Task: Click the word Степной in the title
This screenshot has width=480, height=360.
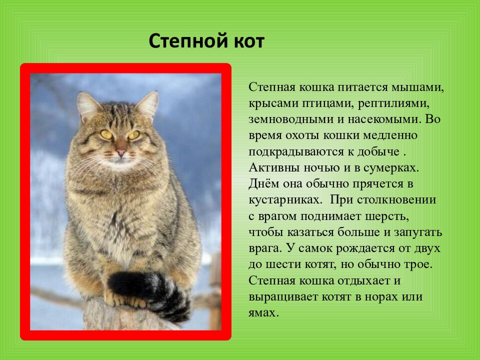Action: coord(189,41)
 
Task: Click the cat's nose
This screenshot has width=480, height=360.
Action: coord(120,152)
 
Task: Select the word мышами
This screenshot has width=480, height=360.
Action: coord(418,88)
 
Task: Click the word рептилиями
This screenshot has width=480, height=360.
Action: coord(393,104)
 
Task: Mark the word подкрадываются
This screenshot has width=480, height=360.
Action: coord(296,152)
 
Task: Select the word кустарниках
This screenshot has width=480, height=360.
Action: coord(285,200)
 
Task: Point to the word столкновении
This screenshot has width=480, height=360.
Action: coord(396,200)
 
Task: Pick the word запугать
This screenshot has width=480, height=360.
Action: coord(418,232)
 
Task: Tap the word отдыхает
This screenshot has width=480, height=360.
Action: coord(358,280)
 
